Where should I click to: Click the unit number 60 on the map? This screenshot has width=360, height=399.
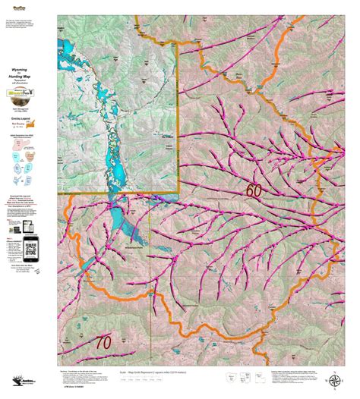(x=253, y=190)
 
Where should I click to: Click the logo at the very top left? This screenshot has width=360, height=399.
(x=31, y=5)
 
